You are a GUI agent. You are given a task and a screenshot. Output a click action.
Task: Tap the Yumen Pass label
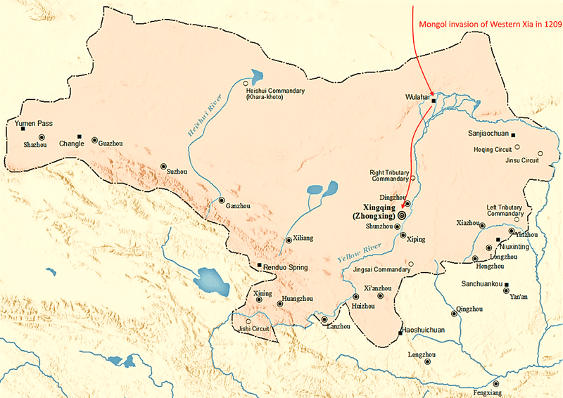click(34, 123)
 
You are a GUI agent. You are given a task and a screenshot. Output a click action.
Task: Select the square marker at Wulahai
click(434, 101)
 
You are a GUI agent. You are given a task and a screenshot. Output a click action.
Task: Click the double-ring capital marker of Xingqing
click(401, 216)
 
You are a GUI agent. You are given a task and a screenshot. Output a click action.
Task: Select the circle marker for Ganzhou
click(222, 200)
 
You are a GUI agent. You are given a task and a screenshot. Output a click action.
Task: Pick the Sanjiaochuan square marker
click(513, 135)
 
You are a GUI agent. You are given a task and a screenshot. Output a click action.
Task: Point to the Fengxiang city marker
click(496, 384)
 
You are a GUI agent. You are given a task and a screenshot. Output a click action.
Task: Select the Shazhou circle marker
click(42, 137)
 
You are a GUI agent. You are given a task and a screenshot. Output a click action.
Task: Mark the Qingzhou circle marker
click(454, 314)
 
